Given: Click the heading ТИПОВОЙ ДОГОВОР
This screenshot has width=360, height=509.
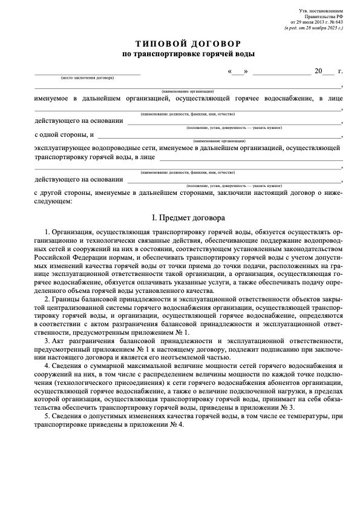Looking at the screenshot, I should click(188, 44).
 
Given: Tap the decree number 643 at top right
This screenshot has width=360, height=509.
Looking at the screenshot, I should click(338, 22).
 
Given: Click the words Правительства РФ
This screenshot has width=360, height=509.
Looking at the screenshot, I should click(327, 17).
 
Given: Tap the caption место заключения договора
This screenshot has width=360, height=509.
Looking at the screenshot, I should click(87, 78).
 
